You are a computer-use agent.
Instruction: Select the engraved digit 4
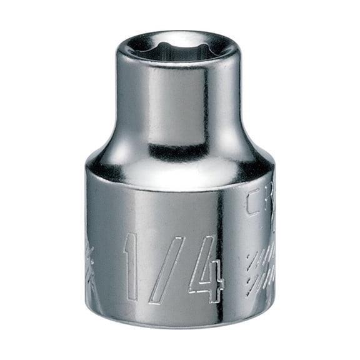(207, 267)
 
